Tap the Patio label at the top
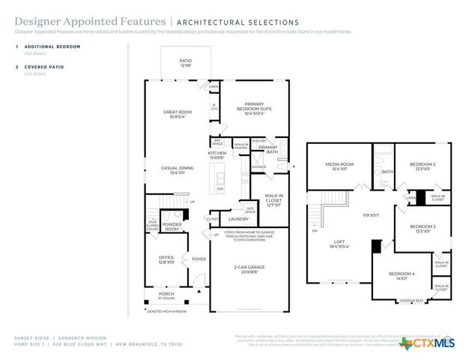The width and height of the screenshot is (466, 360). point(185,63)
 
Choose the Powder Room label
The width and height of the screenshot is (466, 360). point(172,227)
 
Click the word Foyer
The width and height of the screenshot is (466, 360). point(199,259)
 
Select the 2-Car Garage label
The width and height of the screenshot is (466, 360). point(248,268)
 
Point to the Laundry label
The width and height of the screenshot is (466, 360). point(238,219)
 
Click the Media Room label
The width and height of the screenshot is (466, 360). point(339,166)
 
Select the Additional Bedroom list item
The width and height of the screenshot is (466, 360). point(52,46)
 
